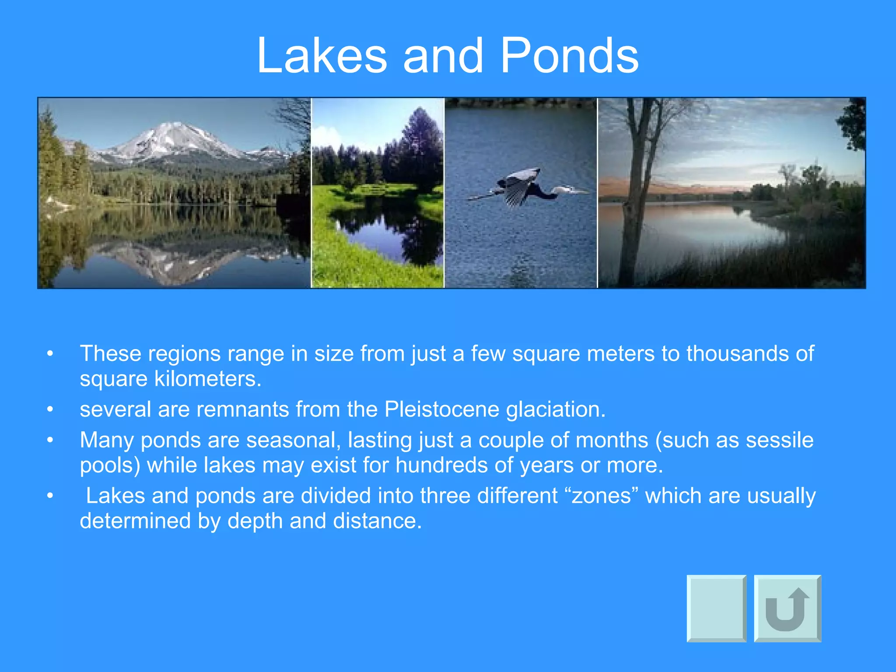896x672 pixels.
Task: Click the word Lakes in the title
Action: coord(322,56)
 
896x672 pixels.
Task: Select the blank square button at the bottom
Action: coord(716,608)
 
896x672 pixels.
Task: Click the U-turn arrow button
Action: coord(787,608)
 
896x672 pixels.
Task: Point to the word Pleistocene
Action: coord(441,409)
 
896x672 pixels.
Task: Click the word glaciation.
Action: coord(556,409)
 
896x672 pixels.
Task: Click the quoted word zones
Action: coord(602,496)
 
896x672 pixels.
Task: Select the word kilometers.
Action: coord(208,379)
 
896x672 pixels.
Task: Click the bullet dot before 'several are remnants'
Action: coord(50,409)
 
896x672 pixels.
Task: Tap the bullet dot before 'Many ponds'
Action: coord(50,440)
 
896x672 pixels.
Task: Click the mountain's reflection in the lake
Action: coord(175,262)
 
